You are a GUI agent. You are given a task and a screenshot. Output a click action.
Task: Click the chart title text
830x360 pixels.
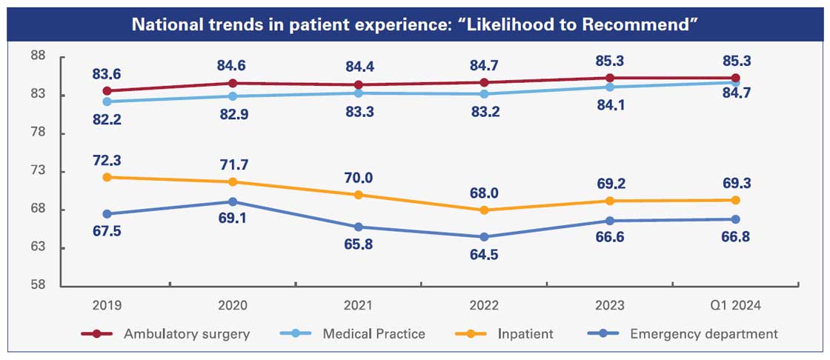(x=415, y=24)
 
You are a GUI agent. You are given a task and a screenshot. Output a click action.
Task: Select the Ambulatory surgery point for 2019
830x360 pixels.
(x=107, y=91)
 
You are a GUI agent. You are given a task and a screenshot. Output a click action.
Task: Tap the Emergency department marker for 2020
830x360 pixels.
(x=233, y=201)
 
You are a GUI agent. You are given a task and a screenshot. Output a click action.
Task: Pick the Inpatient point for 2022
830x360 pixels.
(x=484, y=210)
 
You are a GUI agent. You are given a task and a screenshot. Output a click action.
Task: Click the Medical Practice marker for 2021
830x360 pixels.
(x=358, y=93)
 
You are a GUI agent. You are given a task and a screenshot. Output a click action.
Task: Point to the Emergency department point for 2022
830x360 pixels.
(x=484, y=237)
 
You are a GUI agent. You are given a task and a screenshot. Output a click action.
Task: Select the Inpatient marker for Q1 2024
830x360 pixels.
(x=735, y=200)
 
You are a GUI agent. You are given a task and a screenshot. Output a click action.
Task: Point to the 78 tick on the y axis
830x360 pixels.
(x=39, y=133)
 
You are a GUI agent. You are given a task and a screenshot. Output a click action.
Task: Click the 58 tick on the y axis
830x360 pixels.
(x=39, y=286)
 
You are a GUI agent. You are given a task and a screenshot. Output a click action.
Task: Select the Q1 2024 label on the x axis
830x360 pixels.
(x=735, y=305)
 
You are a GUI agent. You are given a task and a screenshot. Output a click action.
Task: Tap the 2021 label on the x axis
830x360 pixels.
(x=358, y=305)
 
